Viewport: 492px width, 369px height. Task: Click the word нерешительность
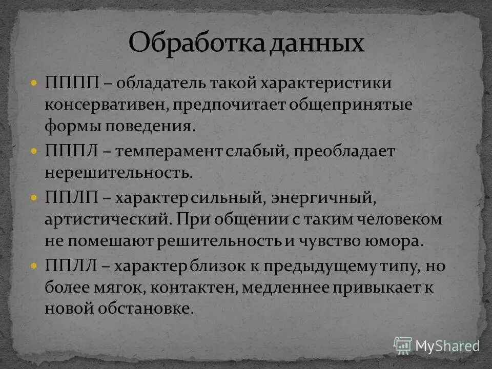[117, 173]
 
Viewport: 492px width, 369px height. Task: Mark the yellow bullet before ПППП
[34, 83]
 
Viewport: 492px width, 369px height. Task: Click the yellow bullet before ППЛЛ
[34, 266]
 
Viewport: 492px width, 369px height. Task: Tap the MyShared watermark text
[447, 346]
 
